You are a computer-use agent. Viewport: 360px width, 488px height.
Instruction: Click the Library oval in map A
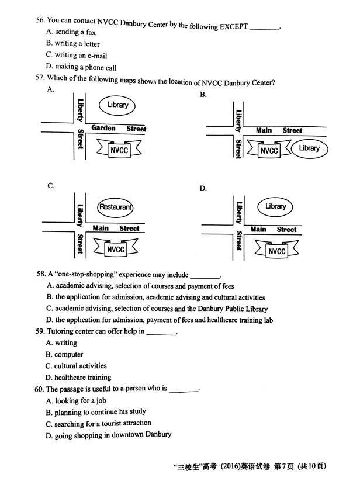tap(117, 105)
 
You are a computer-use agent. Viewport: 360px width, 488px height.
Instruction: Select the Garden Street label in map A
tap(119, 129)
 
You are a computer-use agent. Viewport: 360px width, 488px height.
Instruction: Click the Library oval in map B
tap(309, 148)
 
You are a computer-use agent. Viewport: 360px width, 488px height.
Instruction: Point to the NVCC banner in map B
tap(269, 150)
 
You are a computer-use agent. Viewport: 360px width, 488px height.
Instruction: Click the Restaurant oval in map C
tap(116, 207)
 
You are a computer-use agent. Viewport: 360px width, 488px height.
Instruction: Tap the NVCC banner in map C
tap(116, 250)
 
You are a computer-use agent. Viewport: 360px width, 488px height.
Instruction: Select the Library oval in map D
tap(275, 207)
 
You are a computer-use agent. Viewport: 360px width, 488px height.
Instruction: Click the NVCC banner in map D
tap(276, 251)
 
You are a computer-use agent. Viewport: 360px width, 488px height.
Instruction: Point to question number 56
tap(40, 20)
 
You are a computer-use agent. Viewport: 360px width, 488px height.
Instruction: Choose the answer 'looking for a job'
tap(76, 400)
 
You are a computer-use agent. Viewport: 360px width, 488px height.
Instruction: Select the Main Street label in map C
tap(116, 229)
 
